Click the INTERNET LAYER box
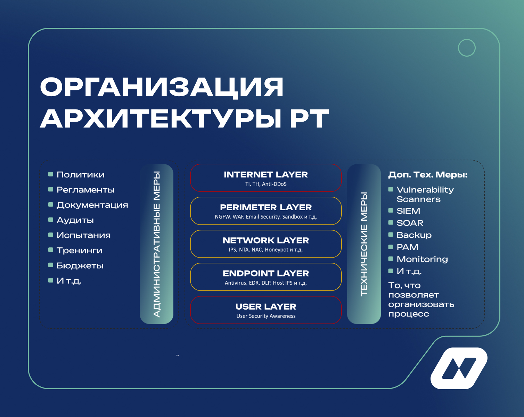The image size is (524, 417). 266,178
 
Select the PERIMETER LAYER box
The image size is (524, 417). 266,211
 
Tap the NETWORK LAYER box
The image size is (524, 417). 266,244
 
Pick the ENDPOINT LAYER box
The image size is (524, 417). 266,277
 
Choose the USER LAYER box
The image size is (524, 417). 266,310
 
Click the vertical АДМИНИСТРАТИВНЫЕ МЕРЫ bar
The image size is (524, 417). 157,244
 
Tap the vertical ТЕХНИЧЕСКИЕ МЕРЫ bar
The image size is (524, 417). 364,244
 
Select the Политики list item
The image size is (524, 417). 81,175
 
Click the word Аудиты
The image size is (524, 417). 75,220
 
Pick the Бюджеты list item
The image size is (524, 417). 80,266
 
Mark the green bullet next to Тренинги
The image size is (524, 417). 51,250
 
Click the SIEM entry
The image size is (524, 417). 408,211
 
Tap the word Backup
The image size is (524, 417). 414,235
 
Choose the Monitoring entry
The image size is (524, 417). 422,259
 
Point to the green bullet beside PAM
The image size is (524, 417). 391,247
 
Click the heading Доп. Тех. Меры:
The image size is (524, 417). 428,175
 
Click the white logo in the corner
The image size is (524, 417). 459,368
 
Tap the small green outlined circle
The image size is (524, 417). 467,48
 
